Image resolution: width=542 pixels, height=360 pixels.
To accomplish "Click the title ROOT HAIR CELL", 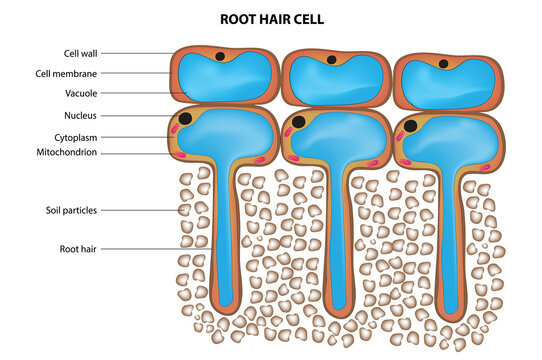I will pos(270,18).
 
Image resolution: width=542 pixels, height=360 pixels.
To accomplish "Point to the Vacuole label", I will pos(80,94).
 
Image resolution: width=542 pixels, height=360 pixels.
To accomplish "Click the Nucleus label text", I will pos(80,116).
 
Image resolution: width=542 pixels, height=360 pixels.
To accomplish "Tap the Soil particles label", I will pos(70,210).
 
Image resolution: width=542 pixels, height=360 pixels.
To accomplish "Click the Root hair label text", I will pos(79,247).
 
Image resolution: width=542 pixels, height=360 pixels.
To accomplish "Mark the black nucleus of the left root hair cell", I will pos(185,119).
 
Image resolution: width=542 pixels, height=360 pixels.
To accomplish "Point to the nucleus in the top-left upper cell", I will pos(218,56).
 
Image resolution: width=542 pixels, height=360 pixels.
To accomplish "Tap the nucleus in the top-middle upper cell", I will pos(331,60).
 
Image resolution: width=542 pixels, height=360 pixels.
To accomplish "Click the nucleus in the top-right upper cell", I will pos(444,64).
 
